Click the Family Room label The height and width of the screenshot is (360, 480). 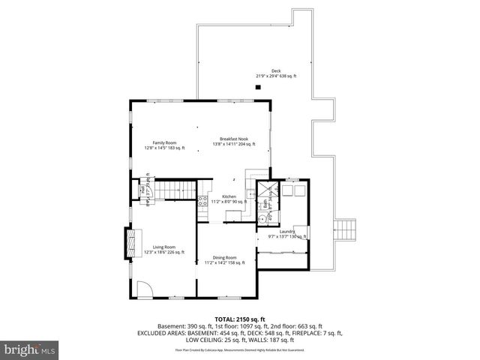pyautogui.click(x=164, y=143)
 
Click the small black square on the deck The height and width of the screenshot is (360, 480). pyautogui.click(x=257, y=88)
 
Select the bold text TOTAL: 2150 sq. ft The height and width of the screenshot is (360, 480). pyautogui.click(x=239, y=319)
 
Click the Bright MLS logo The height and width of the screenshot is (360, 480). pyautogui.click(x=28, y=349)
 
